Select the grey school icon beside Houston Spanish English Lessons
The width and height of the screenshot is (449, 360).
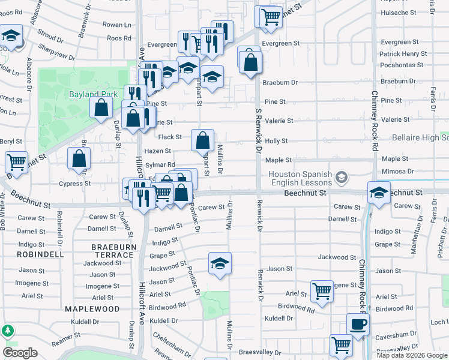pyautogui.click(x=342, y=177)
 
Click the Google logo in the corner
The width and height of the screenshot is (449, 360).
pyautogui.click(x=20, y=353)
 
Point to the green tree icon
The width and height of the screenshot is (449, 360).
pyautogui.click(x=7, y=331)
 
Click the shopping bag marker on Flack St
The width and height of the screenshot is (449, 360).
pyautogui.click(x=203, y=140)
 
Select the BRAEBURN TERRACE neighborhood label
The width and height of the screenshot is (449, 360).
pyautogui.click(x=112, y=251)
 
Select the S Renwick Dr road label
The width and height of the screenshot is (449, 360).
pyautogui.click(x=259, y=129)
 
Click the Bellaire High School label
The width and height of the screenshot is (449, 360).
pyautogui.click(x=420, y=138)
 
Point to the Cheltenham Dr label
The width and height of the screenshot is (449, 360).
pyautogui.click(x=170, y=342)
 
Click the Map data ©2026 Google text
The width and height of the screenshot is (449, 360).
pyautogui.click(x=412, y=355)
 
